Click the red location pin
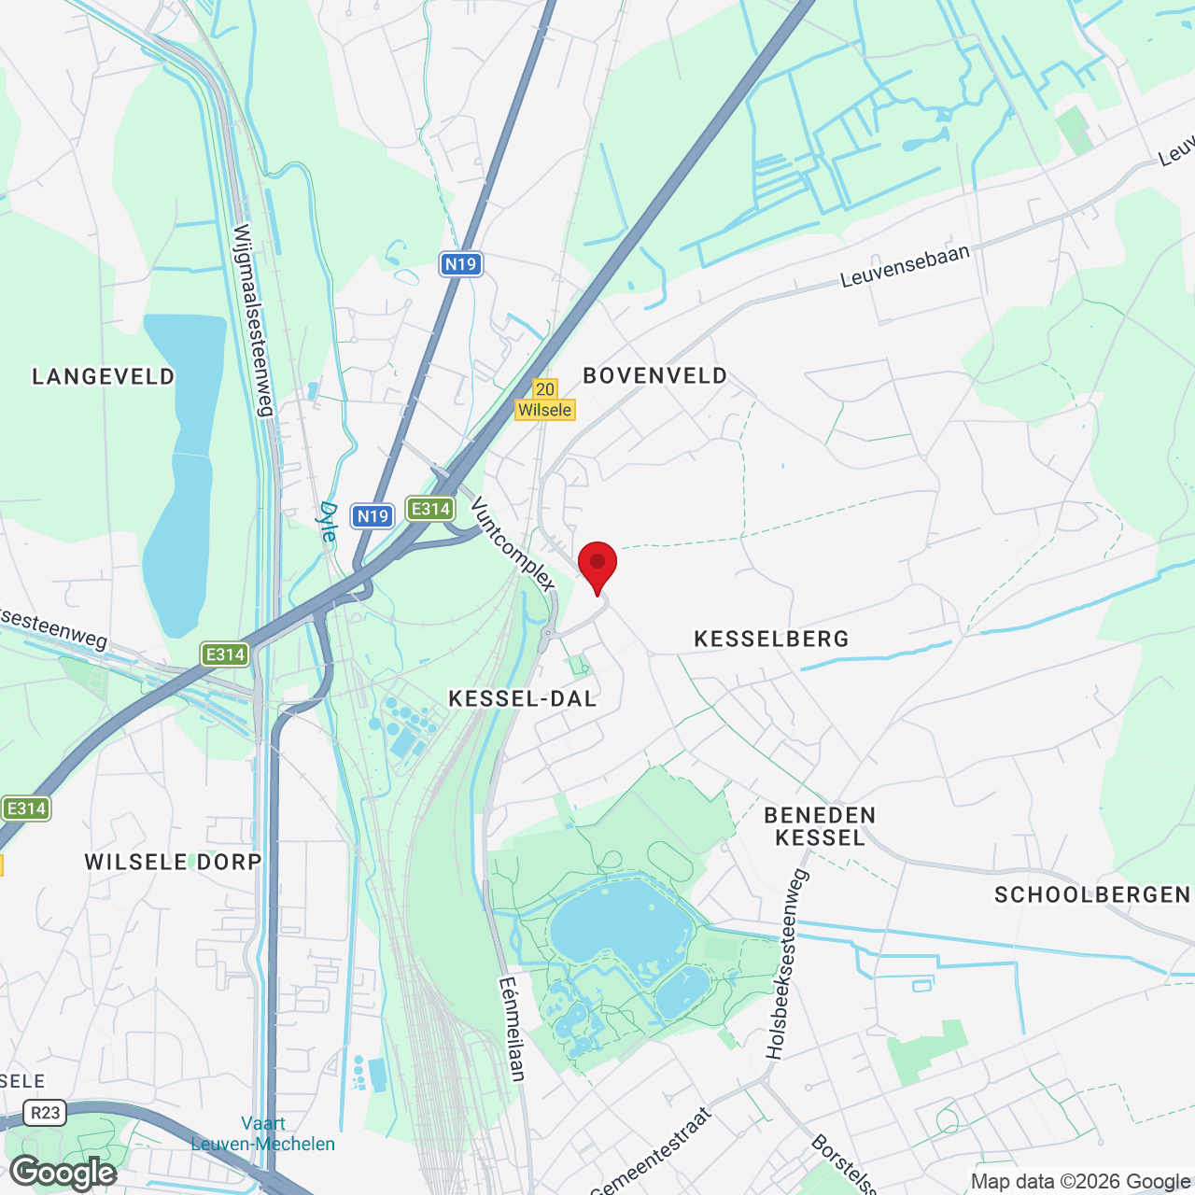[x=597, y=565]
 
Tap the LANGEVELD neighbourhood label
[x=104, y=377]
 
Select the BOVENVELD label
[x=655, y=376]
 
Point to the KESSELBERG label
[x=772, y=640]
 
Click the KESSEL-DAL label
[x=523, y=699]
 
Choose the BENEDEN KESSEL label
[x=821, y=827]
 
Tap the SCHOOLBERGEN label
[x=1092, y=895]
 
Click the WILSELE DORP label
[x=174, y=863]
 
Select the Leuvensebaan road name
[x=905, y=266]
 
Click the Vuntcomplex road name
[x=513, y=544]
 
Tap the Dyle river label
[x=328, y=521]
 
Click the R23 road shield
[x=45, y=1112]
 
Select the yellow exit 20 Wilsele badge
[x=545, y=400]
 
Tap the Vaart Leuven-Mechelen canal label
[x=263, y=1133]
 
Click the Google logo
[x=64, y=1173]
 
